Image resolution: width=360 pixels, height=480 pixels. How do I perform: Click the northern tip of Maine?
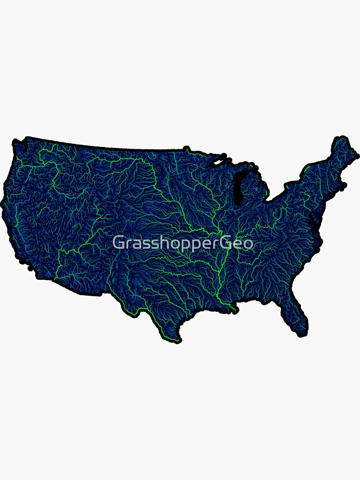click(x=340, y=138)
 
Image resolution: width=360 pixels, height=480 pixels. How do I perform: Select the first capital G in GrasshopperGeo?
click(x=118, y=243)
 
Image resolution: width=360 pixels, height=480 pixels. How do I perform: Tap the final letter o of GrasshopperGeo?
click(x=248, y=243)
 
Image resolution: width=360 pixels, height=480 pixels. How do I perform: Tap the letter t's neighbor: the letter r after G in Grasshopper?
click(x=126, y=244)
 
